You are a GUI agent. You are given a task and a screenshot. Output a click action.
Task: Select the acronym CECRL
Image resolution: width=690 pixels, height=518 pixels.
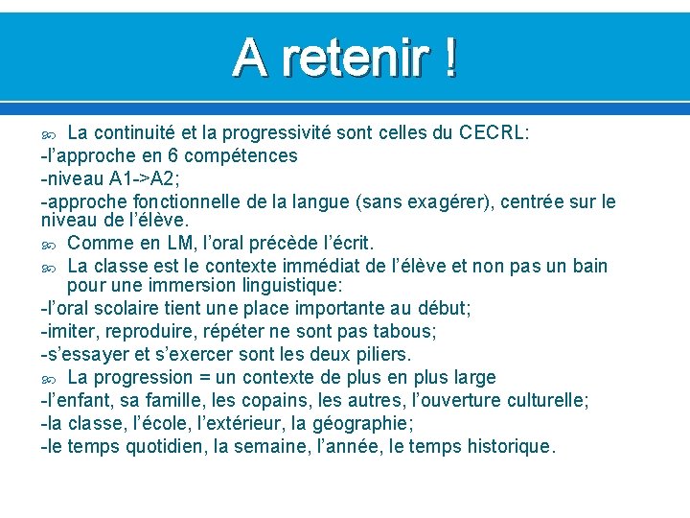pos(493,132)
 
